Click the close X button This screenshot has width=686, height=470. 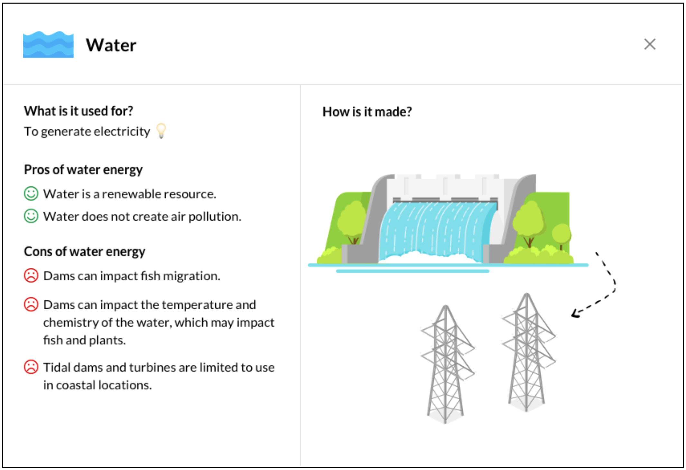pyautogui.click(x=650, y=44)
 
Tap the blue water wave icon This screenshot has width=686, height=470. pyautogui.click(x=48, y=44)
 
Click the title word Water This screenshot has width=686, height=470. pyautogui.click(x=111, y=45)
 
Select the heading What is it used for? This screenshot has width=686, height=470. pyautogui.click(x=79, y=111)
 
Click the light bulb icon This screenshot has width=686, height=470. pyautogui.click(x=161, y=131)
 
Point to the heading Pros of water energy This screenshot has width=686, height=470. pyautogui.click(x=83, y=170)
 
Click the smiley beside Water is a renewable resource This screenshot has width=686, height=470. pyautogui.click(x=31, y=194)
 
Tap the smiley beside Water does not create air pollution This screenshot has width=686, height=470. pyautogui.click(x=31, y=216)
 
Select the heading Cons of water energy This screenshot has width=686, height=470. pyautogui.click(x=85, y=252)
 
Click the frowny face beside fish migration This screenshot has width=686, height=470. pyautogui.click(x=31, y=276)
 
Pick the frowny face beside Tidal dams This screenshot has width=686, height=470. pyautogui.click(x=31, y=367)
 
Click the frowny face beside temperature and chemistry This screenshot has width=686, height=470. pyautogui.click(x=31, y=304)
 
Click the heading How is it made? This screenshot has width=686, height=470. pyautogui.click(x=367, y=112)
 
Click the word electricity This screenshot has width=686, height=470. pyautogui.click(x=122, y=131)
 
